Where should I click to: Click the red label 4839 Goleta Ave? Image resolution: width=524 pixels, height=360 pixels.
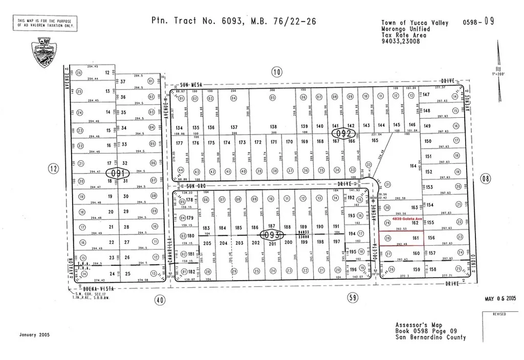pos(407,219)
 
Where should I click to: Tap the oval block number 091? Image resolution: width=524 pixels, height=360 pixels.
pos(118,173)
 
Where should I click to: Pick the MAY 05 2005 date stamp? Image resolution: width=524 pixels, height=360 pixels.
pos(500,299)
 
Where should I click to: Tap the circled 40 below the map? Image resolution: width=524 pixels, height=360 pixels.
pos(160,301)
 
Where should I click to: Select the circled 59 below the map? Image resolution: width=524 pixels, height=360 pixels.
pos(352,297)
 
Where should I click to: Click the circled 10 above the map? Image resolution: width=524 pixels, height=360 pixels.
pos(277,72)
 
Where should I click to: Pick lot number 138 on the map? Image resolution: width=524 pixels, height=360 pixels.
pos(273,126)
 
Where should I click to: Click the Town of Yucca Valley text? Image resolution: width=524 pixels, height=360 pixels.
pos(414,23)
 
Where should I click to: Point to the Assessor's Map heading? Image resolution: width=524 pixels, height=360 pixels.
pos(419,325)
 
